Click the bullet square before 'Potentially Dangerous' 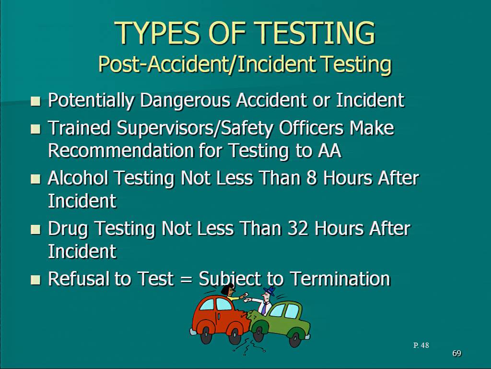[35, 101]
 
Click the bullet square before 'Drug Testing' [35, 230]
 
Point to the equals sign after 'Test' [186, 279]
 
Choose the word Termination [340, 279]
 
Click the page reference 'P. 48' [421, 345]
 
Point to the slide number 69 [457, 353]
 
